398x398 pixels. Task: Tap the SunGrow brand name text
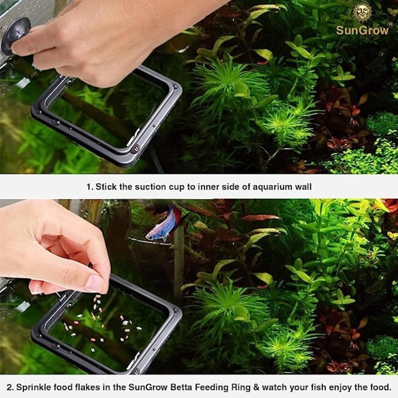[362, 30]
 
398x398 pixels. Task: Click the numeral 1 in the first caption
[88, 187]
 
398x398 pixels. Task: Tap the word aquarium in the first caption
[267, 187]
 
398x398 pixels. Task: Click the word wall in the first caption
[303, 187]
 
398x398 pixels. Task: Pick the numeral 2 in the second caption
[9, 387]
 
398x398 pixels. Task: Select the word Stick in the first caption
[106, 187]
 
